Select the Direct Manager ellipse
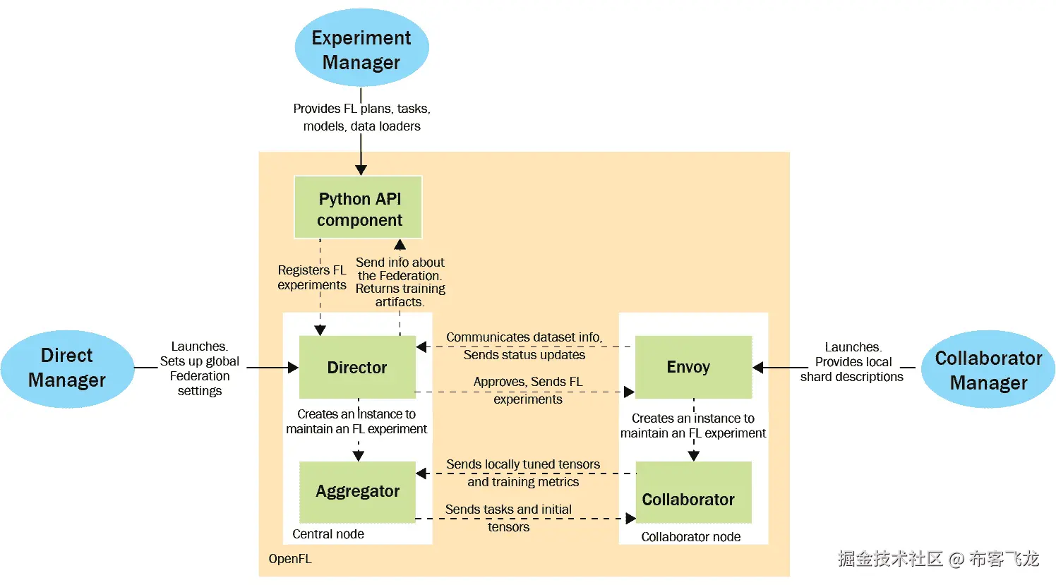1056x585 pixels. (67, 368)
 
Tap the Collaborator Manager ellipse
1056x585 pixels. (988, 370)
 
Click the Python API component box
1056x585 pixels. (359, 208)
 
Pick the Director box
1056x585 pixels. (357, 368)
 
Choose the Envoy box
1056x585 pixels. (693, 367)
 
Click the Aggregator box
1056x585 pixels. (357, 492)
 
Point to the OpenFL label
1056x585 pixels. (289, 559)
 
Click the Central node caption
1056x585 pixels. (328, 534)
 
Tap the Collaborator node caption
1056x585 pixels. (690, 537)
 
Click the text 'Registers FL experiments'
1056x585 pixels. (312, 277)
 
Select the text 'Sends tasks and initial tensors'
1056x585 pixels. (508, 518)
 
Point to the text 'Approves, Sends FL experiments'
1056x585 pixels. (528, 390)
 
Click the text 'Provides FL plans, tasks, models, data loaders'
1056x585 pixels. (361, 117)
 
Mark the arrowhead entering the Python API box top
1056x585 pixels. (361, 170)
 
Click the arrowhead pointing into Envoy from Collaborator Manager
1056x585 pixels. (758, 368)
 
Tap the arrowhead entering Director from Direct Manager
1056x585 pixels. (293, 368)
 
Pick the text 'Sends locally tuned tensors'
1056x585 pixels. (523, 464)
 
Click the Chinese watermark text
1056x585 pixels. (938, 559)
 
